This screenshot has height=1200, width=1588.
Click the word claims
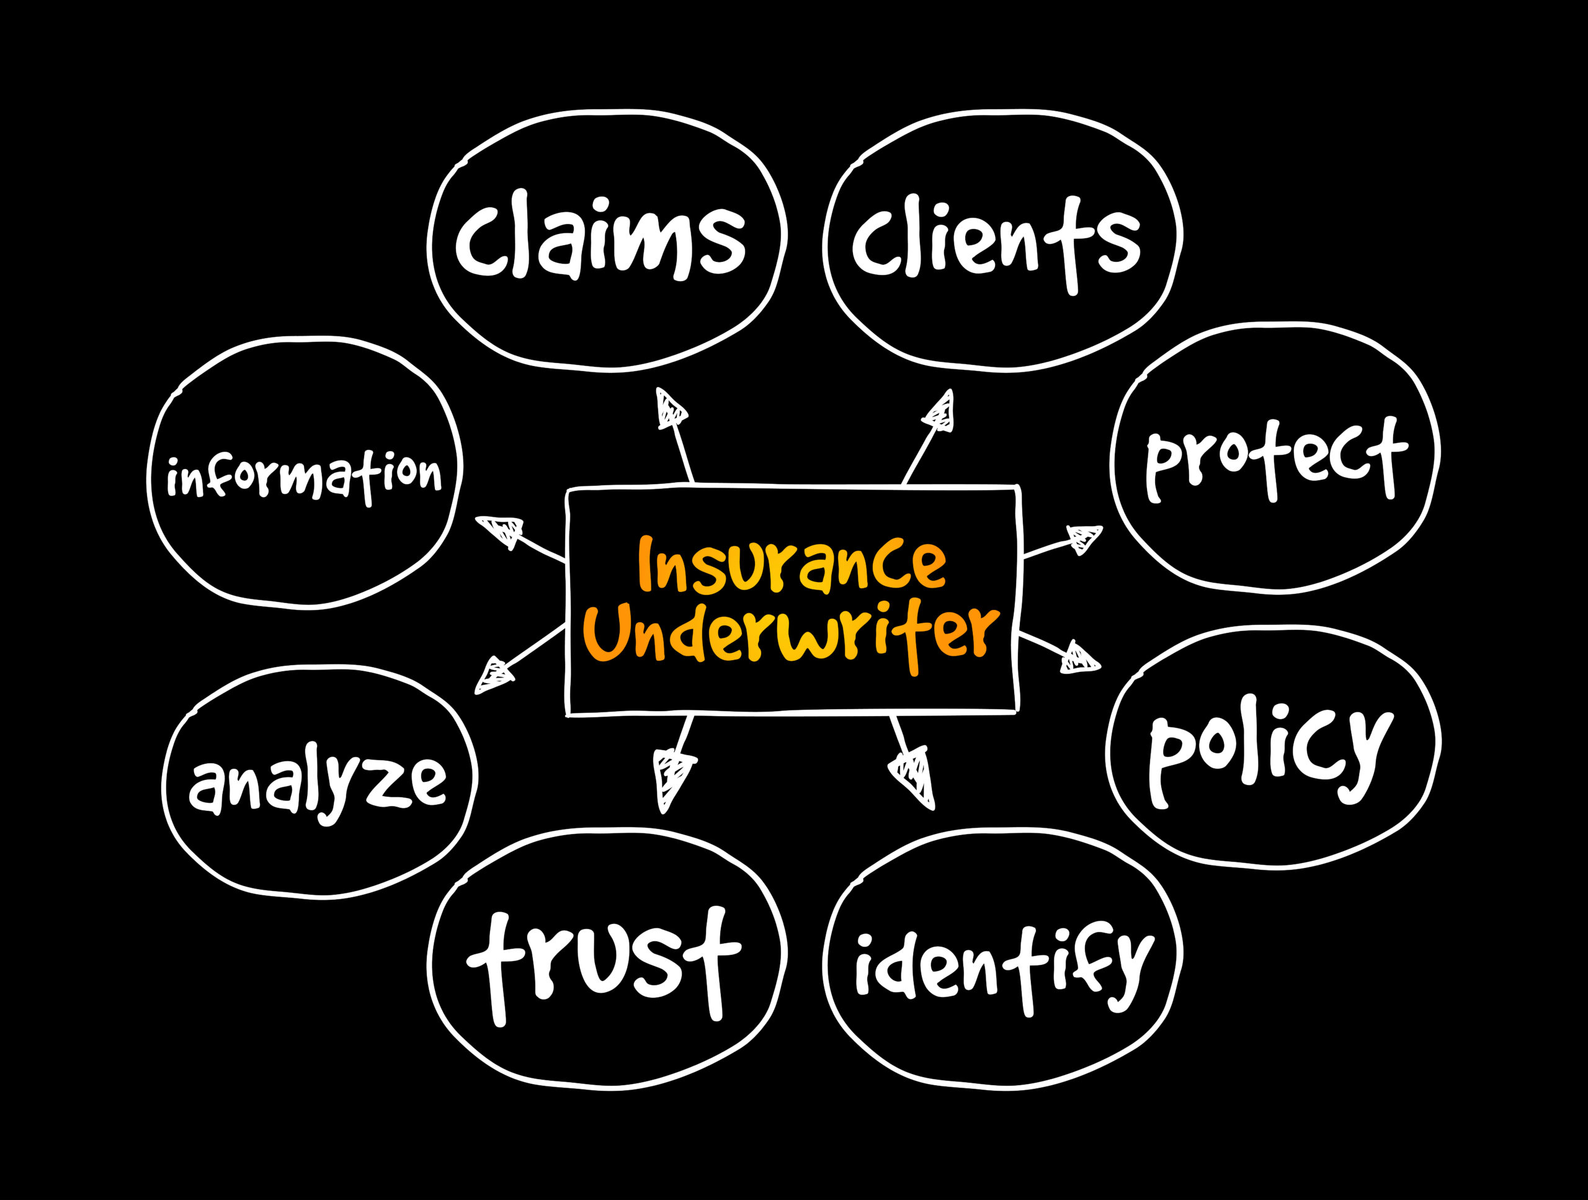(x=600, y=237)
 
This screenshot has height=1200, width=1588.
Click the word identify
(x=1004, y=966)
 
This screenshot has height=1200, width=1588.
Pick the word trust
(x=603, y=962)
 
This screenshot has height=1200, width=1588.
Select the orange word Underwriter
(x=791, y=634)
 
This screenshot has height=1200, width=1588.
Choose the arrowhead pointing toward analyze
(x=494, y=676)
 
